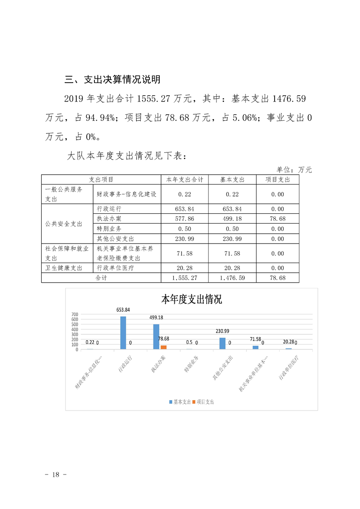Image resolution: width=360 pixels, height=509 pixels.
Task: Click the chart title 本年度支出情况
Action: click(x=192, y=299)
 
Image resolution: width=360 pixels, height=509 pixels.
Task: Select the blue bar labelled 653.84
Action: click(x=123, y=333)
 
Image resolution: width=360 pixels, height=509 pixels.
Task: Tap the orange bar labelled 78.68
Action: click(x=163, y=347)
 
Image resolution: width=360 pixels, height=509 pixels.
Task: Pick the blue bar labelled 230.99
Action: click(x=222, y=343)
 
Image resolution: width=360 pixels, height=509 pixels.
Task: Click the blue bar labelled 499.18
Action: click(x=156, y=337)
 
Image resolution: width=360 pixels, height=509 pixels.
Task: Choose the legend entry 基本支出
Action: click(x=180, y=402)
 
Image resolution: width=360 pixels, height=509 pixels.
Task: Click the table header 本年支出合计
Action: click(x=184, y=180)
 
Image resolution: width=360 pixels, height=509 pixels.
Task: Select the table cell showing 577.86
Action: click(x=184, y=219)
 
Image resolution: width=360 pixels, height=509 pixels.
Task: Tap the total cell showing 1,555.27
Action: click(x=184, y=278)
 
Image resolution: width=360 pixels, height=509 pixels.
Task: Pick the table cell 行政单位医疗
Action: click(x=116, y=268)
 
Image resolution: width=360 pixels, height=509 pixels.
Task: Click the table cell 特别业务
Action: click(x=109, y=229)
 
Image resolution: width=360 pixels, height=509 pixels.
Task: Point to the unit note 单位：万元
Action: click(x=295, y=170)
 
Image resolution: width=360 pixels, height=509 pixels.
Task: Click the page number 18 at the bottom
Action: click(x=56, y=475)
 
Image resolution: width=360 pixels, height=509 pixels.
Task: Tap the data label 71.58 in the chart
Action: click(x=257, y=339)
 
